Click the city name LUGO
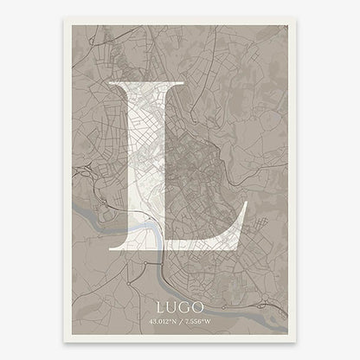coord(179,306)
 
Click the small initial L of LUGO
coord(161,306)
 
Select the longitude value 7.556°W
coord(201,322)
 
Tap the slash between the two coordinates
coord(180,322)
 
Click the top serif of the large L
coord(145,84)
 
